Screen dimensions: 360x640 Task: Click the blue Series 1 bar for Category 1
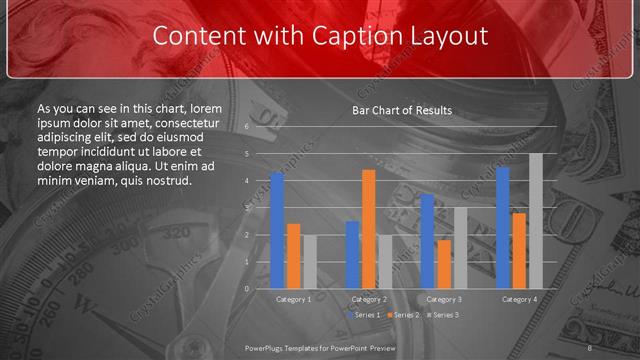[277, 231]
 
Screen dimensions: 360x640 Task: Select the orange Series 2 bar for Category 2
[369, 229]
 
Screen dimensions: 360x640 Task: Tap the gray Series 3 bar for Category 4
[536, 221]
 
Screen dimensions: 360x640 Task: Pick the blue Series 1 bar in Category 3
[428, 241]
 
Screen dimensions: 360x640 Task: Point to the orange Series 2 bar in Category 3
[444, 264]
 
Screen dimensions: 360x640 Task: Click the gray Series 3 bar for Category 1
[310, 262]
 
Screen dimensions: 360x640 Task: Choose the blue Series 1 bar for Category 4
[503, 228]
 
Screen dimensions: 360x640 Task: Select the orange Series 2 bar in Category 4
[519, 251]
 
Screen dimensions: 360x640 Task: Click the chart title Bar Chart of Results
[402, 110]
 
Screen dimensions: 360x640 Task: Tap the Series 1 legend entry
[365, 315]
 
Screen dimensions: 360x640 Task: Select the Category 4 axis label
[519, 299]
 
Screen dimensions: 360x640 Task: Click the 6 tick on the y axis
[247, 127]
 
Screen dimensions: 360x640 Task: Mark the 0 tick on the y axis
[247, 288]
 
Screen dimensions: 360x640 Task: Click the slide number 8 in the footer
[590, 348]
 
